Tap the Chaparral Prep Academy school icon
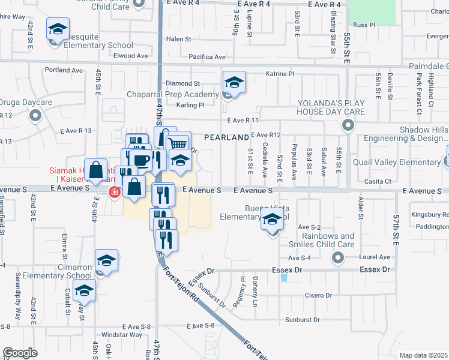click(234, 82)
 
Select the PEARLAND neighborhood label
click(226, 137)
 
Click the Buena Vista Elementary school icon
click(272, 221)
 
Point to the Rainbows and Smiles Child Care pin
click(338, 258)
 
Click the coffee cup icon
click(142, 160)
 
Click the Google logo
click(20, 353)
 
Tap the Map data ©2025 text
click(423, 355)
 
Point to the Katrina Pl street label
click(280, 74)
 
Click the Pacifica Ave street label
click(206, 57)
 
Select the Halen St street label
click(178, 39)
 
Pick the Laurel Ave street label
click(375, 257)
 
